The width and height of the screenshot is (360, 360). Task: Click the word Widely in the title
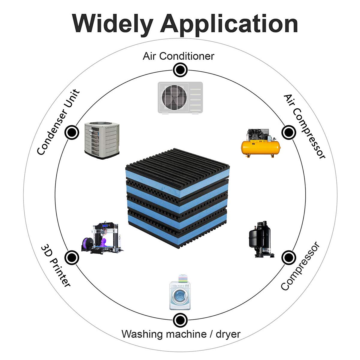tap(112, 23)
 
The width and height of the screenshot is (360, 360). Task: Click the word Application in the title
tap(229, 24)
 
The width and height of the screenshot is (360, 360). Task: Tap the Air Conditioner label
tap(178, 56)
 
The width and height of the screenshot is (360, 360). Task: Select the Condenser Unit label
tap(58, 122)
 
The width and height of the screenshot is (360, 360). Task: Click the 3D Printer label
tap(56, 266)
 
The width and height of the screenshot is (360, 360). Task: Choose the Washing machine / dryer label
tap(181, 334)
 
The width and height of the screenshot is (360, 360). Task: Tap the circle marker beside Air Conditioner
tap(180, 70)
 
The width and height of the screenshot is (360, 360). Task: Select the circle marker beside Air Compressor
tap(288, 132)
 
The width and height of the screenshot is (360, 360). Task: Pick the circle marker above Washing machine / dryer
tap(180, 320)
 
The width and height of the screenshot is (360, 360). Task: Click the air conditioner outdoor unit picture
tap(180, 98)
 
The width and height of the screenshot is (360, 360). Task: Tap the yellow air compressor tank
tap(260, 147)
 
